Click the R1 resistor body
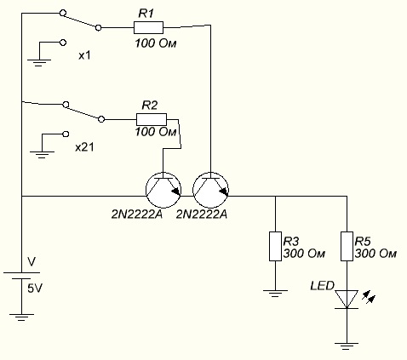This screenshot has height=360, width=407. pyautogui.click(x=148, y=27)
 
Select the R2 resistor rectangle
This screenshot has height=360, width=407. pyautogui.click(x=152, y=119)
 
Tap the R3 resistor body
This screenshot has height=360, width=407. pyautogui.click(x=275, y=246)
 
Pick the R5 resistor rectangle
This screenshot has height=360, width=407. pyautogui.click(x=347, y=246)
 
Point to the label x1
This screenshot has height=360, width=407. pyautogui.click(x=84, y=55)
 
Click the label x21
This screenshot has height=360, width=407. pyautogui.click(x=84, y=147)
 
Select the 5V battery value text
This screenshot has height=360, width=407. pyautogui.click(x=35, y=289)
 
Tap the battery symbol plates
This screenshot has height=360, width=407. pyautogui.click(x=21, y=276)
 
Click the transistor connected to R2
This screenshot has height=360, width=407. pyautogui.click(x=163, y=190)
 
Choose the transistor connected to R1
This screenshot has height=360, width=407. pyautogui.click(x=210, y=190)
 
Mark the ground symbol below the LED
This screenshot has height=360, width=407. pyautogui.click(x=347, y=346)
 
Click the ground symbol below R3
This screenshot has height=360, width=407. pyautogui.click(x=275, y=294)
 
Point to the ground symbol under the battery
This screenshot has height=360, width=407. pyautogui.click(x=21, y=317)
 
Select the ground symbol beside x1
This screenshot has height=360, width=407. pyautogui.click(x=39, y=63)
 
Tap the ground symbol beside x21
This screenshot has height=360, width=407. pyautogui.click(x=42, y=155)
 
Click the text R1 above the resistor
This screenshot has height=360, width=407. pyautogui.click(x=146, y=14)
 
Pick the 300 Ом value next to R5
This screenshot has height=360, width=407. pyautogui.click(x=375, y=254)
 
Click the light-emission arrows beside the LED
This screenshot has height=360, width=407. pyautogui.click(x=369, y=297)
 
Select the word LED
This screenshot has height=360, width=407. pyautogui.click(x=323, y=285)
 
